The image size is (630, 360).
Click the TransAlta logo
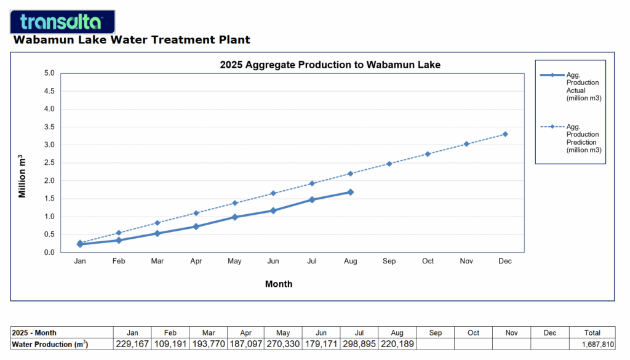click(x=63, y=22)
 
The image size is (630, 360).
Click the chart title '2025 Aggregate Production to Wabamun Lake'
click(x=330, y=65)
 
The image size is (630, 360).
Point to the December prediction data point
click(x=505, y=134)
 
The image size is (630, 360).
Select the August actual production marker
click(x=351, y=192)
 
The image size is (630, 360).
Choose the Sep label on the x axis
click(x=389, y=261)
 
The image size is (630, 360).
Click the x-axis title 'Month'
click(x=279, y=284)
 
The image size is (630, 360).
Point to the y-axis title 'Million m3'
click(x=22, y=176)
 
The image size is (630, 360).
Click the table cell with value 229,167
click(x=132, y=345)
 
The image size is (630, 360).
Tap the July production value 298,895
click(x=358, y=345)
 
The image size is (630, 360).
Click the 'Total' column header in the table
click(x=592, y=333)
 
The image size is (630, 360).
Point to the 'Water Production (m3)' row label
click(x=50, y=345)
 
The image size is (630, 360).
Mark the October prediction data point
click(x=428, y=154)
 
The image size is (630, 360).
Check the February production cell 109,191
click(x=170, y=345)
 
